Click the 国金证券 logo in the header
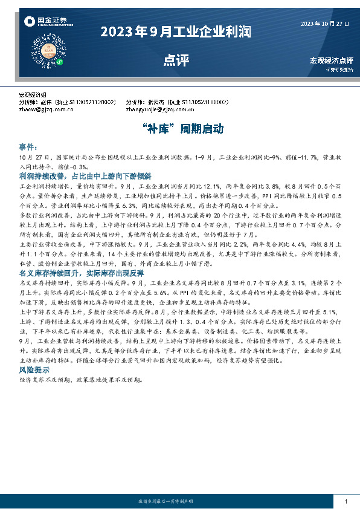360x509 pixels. coord(43,22)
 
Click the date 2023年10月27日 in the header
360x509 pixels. coord(324,24)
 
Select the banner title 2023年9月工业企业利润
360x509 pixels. coord(176,31)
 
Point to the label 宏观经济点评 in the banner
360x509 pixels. coord(331,60)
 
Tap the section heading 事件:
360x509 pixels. coord(28,147)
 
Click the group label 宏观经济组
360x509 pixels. coord(33,96)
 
